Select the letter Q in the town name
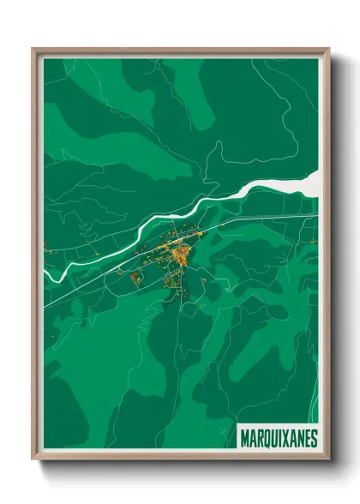pos(264,438)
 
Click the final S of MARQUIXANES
pos(313,438)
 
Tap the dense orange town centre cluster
pos(181,254)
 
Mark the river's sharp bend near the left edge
pos(50,273)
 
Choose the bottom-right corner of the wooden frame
pos(327,460)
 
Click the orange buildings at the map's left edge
pos(48,250)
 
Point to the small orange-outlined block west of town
pos(134,276)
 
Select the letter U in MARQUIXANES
pos(271,438)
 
